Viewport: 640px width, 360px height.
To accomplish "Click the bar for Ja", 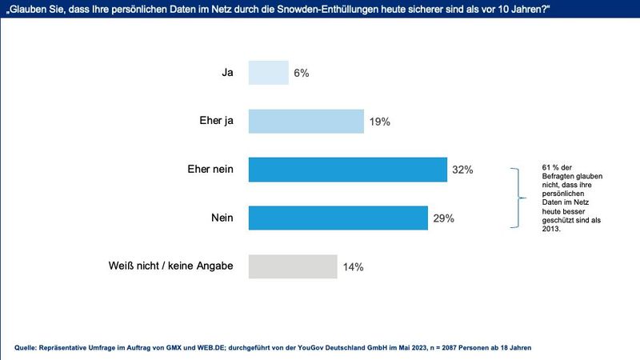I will [268, 73].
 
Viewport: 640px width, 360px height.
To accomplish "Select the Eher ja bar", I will [306, 121].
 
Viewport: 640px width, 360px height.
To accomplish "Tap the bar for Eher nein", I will [348, 170].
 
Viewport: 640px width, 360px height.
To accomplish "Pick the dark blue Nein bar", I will [338, 218].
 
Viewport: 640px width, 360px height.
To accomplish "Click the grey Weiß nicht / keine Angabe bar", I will [293, 266].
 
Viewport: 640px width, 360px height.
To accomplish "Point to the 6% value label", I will [301, 73].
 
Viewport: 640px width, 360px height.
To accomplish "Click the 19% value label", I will [379, 122].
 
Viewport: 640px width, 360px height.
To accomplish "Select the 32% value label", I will [462, 170].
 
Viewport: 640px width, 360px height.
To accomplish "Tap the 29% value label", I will [444, 218].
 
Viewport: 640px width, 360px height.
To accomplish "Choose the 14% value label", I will [353, 267].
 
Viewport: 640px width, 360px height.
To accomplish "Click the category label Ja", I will [227, 73].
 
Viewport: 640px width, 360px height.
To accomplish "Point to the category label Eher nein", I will [209, 170].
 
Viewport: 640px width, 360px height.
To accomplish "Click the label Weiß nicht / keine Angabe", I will [170, 266].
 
